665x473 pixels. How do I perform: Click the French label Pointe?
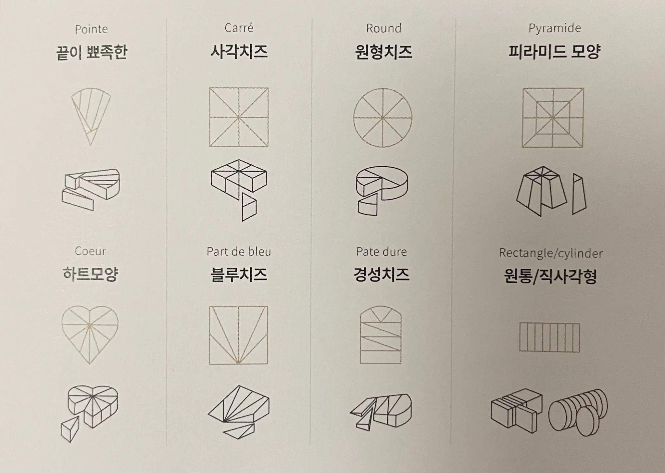91,30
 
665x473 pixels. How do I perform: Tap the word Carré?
239,28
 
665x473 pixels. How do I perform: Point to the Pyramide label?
555,28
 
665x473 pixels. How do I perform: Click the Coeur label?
90,251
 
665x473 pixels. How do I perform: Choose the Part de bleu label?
239,251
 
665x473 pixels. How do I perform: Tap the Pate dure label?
382,251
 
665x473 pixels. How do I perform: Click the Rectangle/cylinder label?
551,253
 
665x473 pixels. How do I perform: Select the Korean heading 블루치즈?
239,275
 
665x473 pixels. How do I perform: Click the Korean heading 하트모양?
90,274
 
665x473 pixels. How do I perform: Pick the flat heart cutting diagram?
90,335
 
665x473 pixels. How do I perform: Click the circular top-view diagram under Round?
383,118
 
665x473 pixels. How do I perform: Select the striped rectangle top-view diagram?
549,337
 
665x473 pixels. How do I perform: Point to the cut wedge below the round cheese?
368,204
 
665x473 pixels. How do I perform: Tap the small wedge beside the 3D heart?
70,429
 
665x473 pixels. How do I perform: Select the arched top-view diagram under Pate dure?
381,335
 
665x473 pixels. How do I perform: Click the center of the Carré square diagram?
239,117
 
